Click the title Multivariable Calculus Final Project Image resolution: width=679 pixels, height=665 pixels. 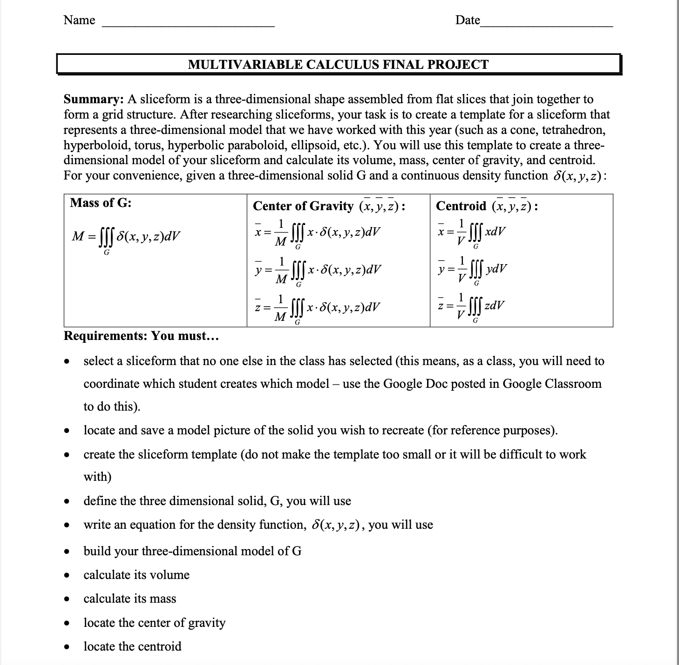coord(339,64)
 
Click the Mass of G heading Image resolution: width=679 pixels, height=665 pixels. coord(101,203)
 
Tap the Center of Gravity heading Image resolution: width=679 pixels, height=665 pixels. coord(303,206)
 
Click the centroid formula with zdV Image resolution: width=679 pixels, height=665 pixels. coord(471,307)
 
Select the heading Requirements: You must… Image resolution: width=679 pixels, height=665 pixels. coord(141,336)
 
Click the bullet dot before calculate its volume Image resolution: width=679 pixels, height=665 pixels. coord(68,576)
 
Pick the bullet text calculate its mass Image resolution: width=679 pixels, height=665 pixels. coord(130,598)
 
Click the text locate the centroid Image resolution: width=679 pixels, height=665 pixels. coord(132,646)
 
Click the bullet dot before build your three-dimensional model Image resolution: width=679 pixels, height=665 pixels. coord(68,552)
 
